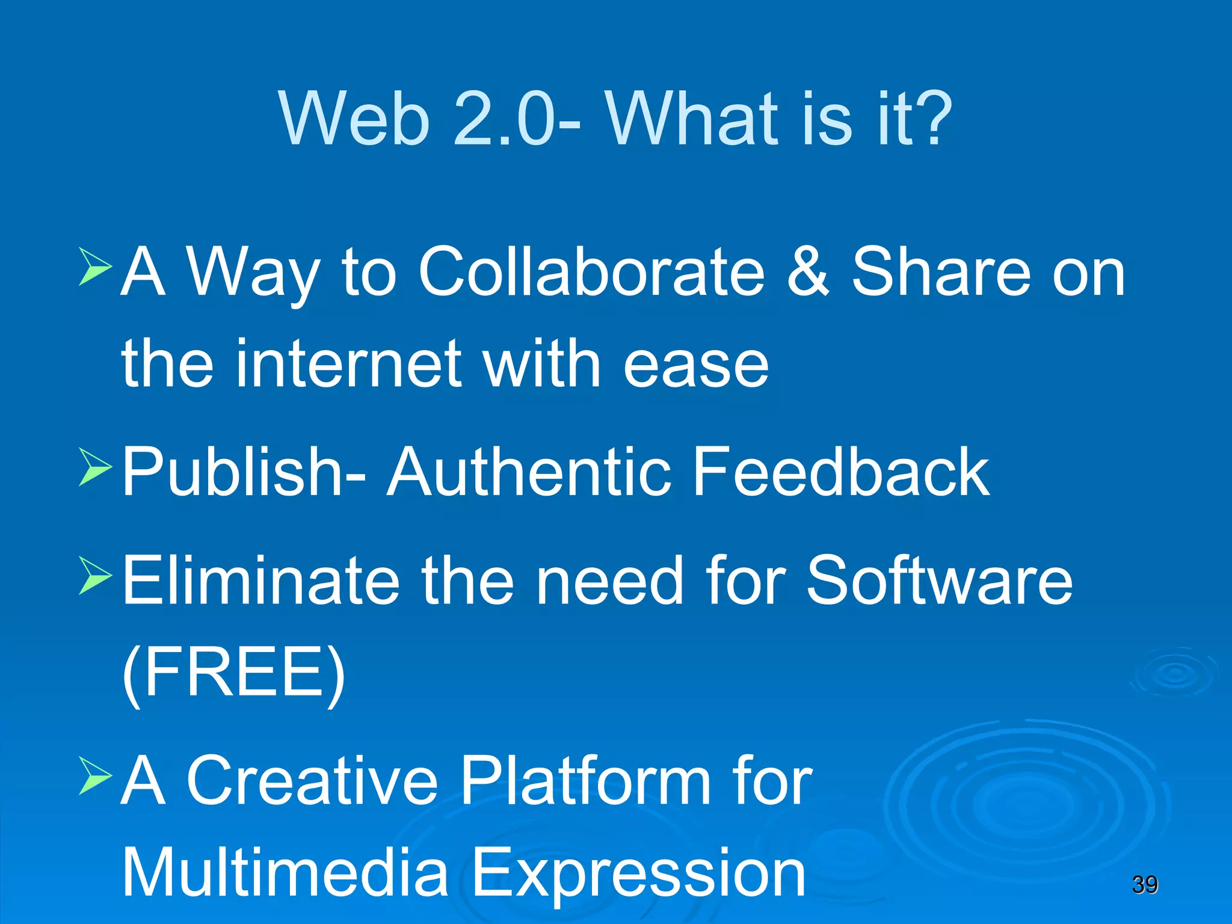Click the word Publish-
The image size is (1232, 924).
[244, 472]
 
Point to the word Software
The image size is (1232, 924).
[939, 581]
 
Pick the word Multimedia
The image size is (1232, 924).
[285, 872]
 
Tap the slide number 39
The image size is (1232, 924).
[1145, 884]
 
